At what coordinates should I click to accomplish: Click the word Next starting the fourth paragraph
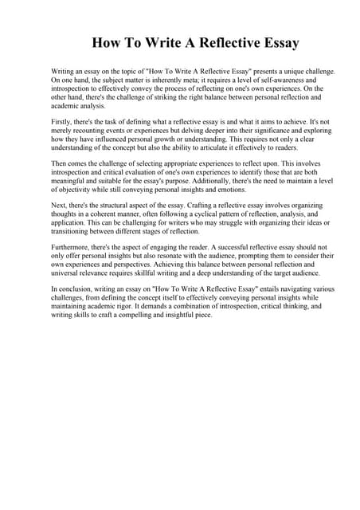(x=58, y=205)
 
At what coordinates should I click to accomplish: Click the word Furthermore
(x=72, y=247)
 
